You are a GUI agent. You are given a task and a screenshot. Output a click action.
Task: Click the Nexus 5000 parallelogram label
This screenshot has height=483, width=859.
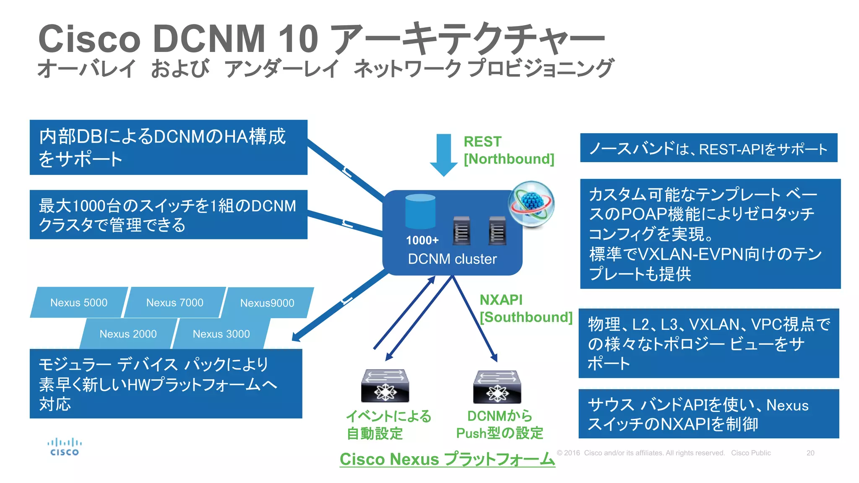[79, 302]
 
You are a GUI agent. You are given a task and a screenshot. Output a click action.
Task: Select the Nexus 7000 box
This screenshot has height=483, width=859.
[174, 302]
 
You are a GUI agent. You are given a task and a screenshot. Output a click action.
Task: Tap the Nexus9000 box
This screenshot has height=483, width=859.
[267, 303]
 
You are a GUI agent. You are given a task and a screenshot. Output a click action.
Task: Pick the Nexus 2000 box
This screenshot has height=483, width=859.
[128, 334]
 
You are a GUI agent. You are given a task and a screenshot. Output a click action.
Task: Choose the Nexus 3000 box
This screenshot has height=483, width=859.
[221, 334]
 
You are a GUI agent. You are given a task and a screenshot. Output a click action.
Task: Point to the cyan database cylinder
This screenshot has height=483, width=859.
[420, 211]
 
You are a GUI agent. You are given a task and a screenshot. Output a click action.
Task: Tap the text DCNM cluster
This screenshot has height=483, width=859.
[452, 259]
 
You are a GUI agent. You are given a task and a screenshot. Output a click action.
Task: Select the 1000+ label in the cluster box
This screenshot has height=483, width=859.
[422, 240]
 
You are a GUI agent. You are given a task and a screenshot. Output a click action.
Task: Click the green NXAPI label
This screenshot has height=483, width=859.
[501, 300]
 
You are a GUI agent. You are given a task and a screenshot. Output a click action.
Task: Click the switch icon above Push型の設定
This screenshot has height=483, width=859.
[497, 386]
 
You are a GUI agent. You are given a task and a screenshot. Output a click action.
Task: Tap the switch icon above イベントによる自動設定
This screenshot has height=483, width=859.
[385, 385]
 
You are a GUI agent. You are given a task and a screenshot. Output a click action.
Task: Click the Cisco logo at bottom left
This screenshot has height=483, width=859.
[64, 447]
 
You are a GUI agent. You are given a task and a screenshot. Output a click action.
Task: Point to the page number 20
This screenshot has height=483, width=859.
[810, 453]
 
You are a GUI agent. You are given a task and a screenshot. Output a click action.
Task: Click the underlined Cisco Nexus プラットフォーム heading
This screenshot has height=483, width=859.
[447, 459]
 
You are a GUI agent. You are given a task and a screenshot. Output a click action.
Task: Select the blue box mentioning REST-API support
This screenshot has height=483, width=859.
[708, 148]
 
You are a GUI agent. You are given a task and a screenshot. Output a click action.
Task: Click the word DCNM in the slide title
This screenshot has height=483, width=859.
[209, 39]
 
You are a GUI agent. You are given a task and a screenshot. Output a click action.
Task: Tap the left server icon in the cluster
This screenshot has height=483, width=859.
[461, 231]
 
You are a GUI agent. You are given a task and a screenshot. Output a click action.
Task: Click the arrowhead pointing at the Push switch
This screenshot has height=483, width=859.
[495, 358]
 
